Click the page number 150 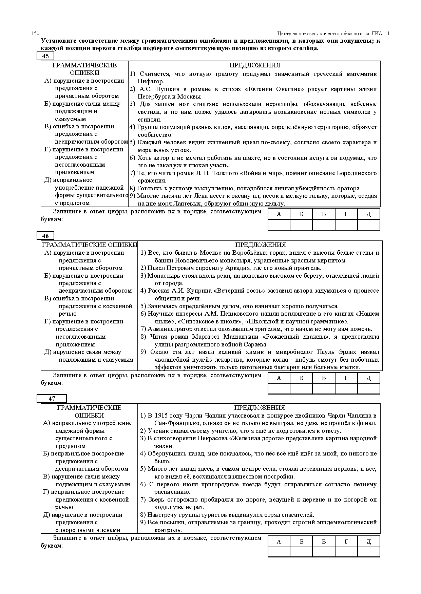(x=35, y=33)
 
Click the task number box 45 (x=45, y=56)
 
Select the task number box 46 (x=45, y=236)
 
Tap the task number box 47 (x=52, y=399)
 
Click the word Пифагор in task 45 (x=151, y=81)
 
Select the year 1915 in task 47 (x=161, y=416)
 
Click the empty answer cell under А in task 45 (x=279, y=225)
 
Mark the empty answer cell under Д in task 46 (x=369, y=389)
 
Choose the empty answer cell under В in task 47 (x=324, y=552)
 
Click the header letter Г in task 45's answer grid (x=346, y=214)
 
